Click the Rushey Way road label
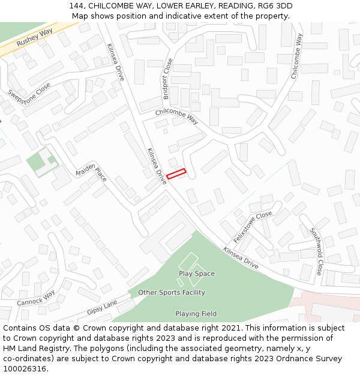coord(34,37)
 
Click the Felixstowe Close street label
coord(253,226)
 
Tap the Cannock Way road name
coord(35,297)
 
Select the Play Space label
coord(196,274)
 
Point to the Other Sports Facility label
coord(172,293)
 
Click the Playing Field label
coord(196,314)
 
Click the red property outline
coord(176,174)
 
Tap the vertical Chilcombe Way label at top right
coord(296,56)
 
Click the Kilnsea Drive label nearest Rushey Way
coord(115,62)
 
